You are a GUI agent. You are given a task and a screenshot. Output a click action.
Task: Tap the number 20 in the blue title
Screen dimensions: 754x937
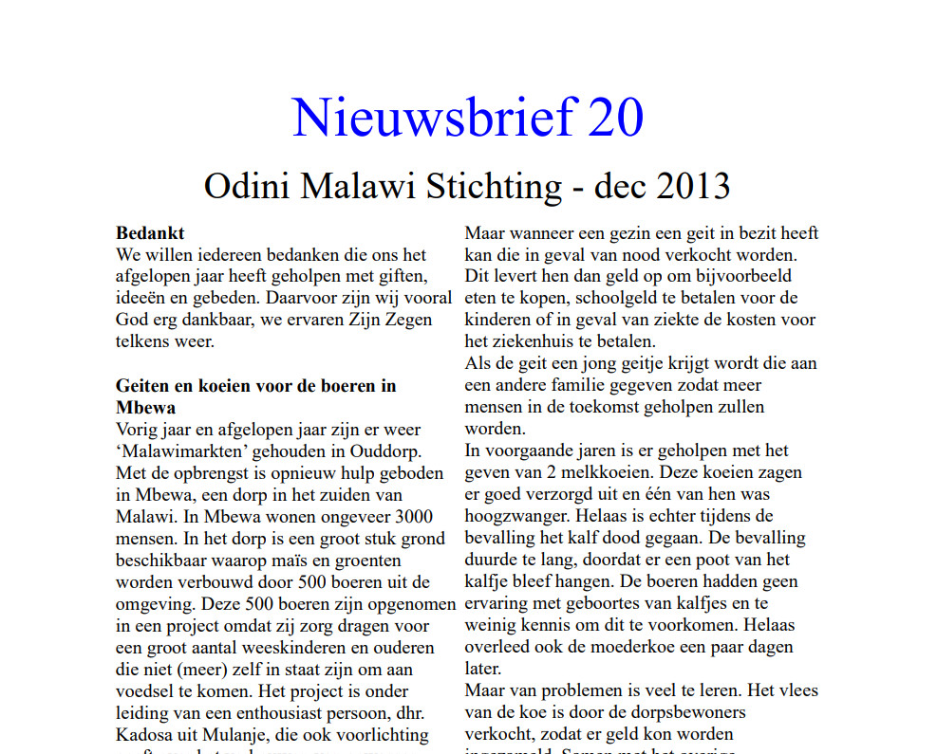click(615, 118)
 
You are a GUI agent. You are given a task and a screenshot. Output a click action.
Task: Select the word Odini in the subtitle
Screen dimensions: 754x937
click(248, 185)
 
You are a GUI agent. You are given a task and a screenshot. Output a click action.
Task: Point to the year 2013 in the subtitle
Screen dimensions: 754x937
click(689, 185)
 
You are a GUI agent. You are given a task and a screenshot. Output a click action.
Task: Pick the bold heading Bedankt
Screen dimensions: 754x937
click(150, 233)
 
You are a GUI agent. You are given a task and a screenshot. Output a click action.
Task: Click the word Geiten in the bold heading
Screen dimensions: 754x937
click(143, 386)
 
